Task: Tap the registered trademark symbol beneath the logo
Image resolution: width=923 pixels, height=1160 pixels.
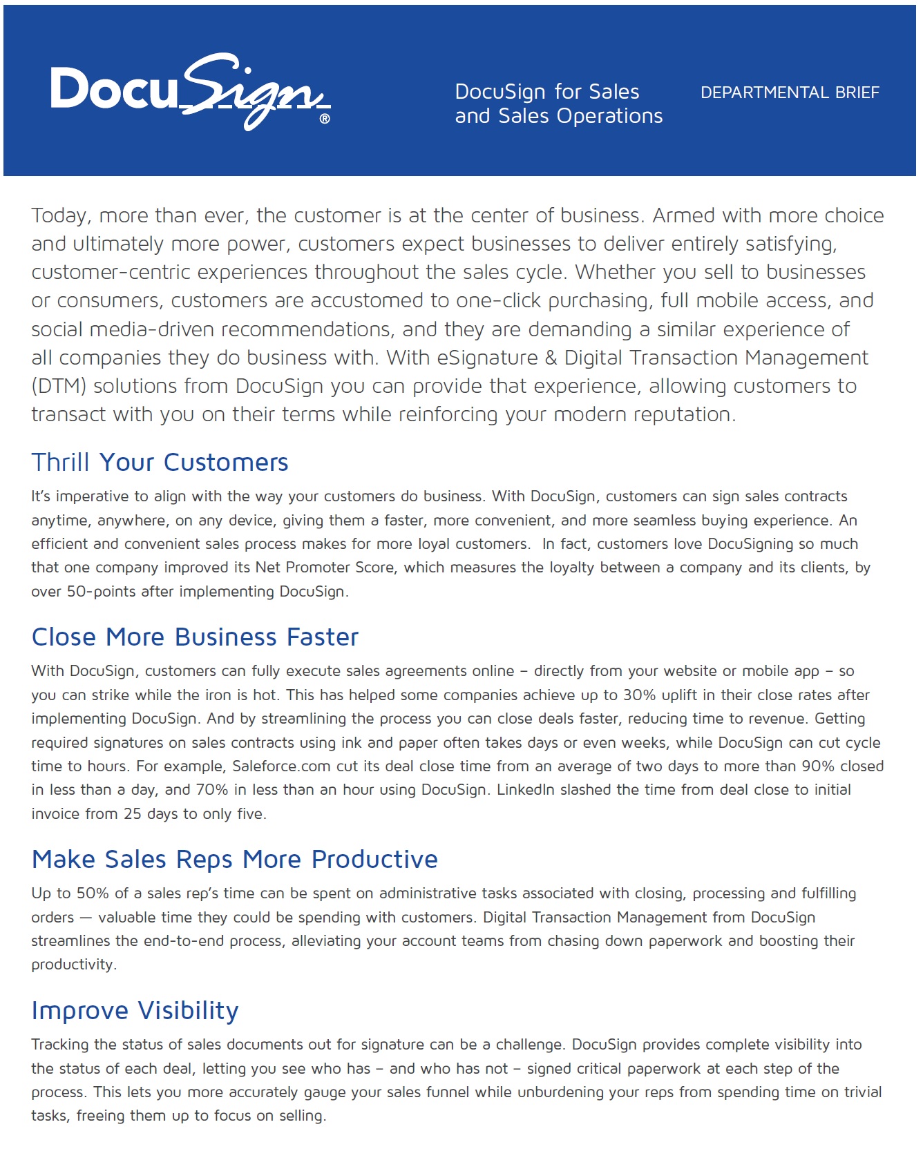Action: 325,119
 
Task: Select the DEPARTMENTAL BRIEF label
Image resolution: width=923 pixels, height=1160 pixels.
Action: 790,93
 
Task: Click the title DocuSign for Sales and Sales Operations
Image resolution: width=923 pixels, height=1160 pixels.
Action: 558,104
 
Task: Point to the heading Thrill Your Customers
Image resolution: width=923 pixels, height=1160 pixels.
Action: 160,463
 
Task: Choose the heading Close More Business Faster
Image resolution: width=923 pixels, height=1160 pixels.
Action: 195,637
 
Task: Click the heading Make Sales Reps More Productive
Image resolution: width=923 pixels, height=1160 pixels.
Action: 234,860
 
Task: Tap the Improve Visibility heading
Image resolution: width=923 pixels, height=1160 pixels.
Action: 135,1011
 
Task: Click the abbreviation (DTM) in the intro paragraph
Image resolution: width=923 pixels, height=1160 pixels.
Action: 59,386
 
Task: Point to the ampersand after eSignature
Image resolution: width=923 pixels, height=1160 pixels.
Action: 551,358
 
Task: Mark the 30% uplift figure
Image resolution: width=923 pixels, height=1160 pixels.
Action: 639,695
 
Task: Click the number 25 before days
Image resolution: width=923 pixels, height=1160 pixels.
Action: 132,814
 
